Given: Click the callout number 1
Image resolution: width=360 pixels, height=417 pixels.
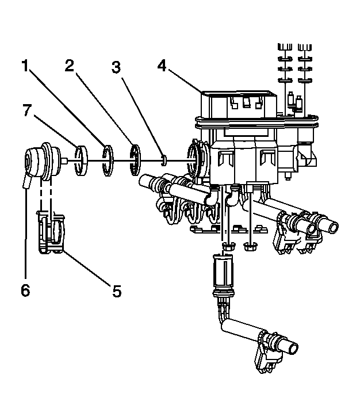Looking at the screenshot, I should [x=26, y=66].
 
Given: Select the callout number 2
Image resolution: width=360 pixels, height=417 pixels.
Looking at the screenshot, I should [x=70, y=66].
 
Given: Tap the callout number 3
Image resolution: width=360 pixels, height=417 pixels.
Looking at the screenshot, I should [x=116, y=67].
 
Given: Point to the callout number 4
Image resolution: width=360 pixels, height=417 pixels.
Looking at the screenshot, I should [x=163, y=66].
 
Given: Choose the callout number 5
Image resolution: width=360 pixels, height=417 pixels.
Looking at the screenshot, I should [x=116, y=292].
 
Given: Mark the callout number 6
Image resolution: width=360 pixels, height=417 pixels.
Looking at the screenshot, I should [x=25, y=290].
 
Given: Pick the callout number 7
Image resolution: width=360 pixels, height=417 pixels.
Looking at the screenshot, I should [x=26, y=110].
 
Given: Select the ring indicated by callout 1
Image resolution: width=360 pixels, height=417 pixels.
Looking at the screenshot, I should [x=107, y=160].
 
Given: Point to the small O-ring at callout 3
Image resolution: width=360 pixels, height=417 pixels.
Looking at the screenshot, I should [x=164, y=158].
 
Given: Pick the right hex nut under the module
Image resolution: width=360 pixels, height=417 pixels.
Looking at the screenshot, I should [x=250, y=247].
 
